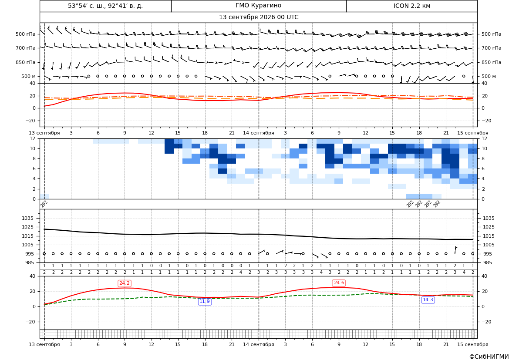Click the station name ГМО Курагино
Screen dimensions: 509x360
(258, 6)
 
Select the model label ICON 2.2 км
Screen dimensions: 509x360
(411, 6)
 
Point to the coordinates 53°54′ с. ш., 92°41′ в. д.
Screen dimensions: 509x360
(105, 6)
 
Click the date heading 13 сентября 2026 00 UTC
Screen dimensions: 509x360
(258, 17)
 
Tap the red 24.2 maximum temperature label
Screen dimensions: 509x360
(125, 283)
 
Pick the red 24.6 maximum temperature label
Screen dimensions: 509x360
(339, 283)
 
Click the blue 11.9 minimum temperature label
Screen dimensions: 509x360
(205, 301)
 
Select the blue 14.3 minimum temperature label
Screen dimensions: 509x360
(428, 299)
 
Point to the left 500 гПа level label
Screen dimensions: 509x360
(26, 34)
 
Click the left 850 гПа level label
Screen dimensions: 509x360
(26, 62)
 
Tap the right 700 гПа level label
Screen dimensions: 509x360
(491, 48)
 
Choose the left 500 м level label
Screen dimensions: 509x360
(29, 76)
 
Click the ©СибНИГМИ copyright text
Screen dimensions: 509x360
(489, 357)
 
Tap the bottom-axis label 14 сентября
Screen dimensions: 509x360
(258, 344)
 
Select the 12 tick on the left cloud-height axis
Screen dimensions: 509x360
(33, 138)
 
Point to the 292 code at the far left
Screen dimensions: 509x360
(44, 204)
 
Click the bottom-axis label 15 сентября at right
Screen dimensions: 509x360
(473, 344)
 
